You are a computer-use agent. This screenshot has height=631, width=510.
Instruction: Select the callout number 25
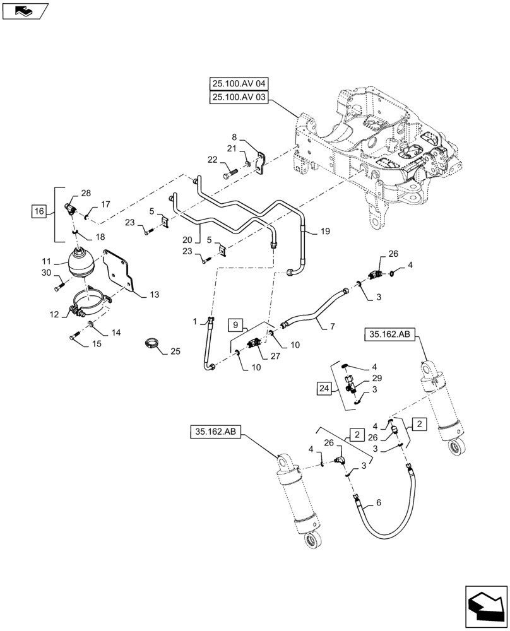pos(174,350)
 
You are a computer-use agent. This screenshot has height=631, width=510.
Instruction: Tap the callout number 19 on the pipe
pos(326,232)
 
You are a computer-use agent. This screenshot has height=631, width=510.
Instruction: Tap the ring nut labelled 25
pos(151,344)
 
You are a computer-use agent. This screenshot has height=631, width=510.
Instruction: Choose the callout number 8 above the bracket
pos(234,136)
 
